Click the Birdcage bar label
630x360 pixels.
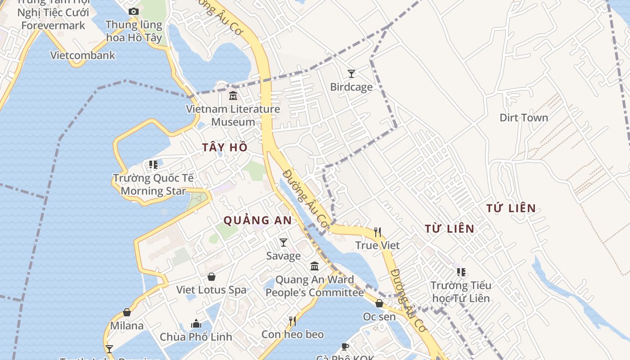pyautogui.click(x=351, y=87)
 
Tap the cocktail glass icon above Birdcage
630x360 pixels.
pyautogui.click(x=351, y=73)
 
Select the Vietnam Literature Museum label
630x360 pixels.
pyautogui.click(x=233, y=115)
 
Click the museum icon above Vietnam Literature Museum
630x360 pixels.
pyautogui.click(x=233, y=95)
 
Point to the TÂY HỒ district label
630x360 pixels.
pyautogui.click(x=225, y=147)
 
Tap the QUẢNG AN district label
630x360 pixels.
pyautogui.click(x=258, y=220)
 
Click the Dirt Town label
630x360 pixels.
pyautogui.click(x=524, y=117)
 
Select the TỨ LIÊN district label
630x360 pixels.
pyautogui.click(x=511, y=208)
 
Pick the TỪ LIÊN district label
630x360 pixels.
pyautogui.click(x=450, y=229)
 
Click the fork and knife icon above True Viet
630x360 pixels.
pyautogui.click(x=378, y=232)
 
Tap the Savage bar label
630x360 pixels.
pyautogui.click(x=283, y=256)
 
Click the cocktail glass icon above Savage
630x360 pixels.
pyautogui.click(x=283, y=243)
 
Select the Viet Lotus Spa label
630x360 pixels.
pyautogui.click(x=211, y=290)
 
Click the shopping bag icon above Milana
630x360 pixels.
pyautogui.click(x=127, y=312)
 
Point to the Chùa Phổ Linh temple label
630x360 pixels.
pyautogui.click(x=196, y=337)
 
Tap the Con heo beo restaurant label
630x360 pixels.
pyautogui.click(x=292, y=334)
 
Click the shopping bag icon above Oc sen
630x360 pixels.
pyautogui.click(x=379, y=303)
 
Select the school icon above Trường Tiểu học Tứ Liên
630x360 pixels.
pyautogui.click(x=461, y=272)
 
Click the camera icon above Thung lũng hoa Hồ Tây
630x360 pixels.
pyautogui.click(x=133, y=11)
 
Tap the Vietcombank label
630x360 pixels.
pyautogui.click(x=83, y=55)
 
